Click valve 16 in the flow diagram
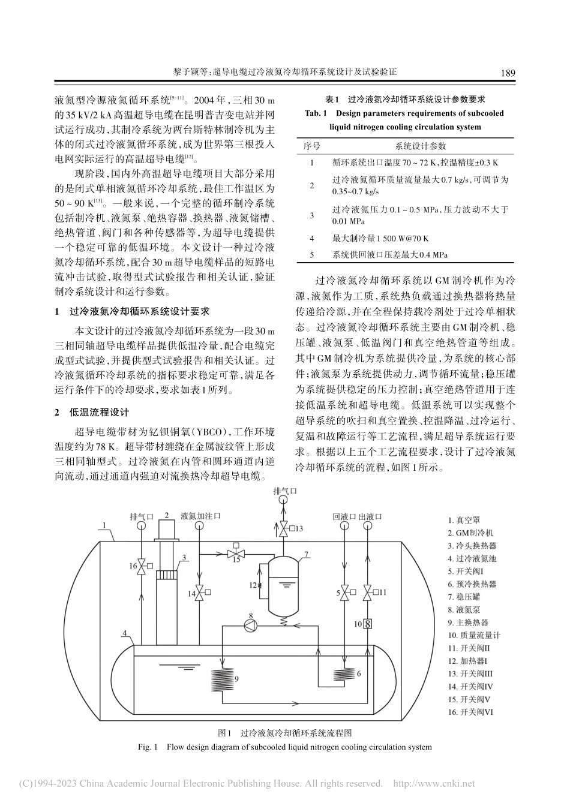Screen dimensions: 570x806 (x=142, y=565)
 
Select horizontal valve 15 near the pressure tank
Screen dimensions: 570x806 (x=236, y=550)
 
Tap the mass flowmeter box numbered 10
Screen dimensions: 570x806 (x=368, y=624)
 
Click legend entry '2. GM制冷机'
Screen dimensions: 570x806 (x=472, y=533)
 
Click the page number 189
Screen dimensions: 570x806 (x=507, y=73)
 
